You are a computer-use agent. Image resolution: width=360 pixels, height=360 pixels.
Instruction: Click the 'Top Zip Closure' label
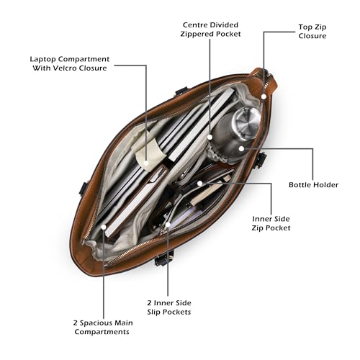(x=312, y=32)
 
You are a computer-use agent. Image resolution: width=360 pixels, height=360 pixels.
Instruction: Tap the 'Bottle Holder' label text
(x=313, y=185)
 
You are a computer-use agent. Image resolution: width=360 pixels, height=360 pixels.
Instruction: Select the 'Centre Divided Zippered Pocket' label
(x=210, y=30)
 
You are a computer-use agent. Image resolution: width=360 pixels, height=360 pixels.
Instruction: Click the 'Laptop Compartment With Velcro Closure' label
(x=70, y=63)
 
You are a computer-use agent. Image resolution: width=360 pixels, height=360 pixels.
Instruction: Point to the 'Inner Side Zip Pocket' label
(x=271, y=223)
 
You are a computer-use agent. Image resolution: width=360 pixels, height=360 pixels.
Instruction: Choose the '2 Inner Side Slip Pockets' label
(x=169, y=307)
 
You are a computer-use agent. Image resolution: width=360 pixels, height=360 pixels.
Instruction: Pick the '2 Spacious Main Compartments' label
(x=103, y=328)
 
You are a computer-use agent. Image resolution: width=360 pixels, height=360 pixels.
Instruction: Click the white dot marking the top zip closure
(x=264, y=96)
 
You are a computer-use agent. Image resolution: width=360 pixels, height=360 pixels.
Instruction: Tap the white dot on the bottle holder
(x=241, y=148)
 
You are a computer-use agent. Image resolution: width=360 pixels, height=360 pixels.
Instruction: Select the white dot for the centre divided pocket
(x=210, y=137)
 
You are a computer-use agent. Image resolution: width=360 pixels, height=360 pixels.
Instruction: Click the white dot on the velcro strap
(x=146, y=163)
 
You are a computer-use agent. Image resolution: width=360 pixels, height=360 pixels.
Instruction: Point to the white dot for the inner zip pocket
(x=199, y=184)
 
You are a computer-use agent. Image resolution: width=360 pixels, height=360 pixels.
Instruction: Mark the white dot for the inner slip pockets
(x=168, y=225)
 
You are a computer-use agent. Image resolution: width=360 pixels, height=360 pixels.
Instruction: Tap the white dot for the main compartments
(x=104, y=227)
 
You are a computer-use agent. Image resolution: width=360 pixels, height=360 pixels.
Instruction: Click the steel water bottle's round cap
(x=247, y=123)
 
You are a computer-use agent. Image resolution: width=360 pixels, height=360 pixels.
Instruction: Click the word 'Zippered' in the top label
(x=197, y=34)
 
